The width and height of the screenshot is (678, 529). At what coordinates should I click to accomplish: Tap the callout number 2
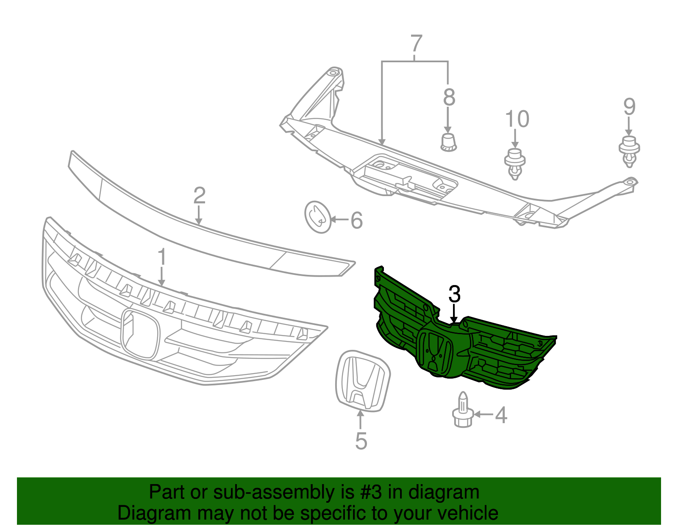pos(200,195)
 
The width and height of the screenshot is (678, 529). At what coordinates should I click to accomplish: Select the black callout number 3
pos(454,294)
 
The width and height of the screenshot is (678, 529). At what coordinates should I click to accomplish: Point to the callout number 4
pos(501,415)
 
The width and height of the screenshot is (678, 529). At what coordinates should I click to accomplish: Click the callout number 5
pos(361,441)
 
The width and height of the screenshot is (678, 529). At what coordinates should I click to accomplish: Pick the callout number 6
pos(357,220)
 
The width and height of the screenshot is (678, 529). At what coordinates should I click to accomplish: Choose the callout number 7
pos(417,43)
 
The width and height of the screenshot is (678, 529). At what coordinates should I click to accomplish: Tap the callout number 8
pos(449,97)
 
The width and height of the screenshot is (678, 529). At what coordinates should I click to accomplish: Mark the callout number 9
pos(629,106)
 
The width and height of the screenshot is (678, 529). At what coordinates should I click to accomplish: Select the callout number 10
pos(517,119)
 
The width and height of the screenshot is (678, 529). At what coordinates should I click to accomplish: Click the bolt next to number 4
pos(463,409)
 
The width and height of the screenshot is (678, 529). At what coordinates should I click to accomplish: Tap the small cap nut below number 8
pos(449,143)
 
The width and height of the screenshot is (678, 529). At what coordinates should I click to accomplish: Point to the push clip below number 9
pos(629,152)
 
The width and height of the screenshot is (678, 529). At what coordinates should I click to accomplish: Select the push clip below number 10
pos(515,164)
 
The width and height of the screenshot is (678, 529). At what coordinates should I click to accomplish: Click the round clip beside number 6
pos(318,217)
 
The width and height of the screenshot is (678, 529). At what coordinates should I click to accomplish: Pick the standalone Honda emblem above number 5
pos(363,381)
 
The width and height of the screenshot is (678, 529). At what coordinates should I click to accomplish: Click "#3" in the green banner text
pos(368,492)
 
